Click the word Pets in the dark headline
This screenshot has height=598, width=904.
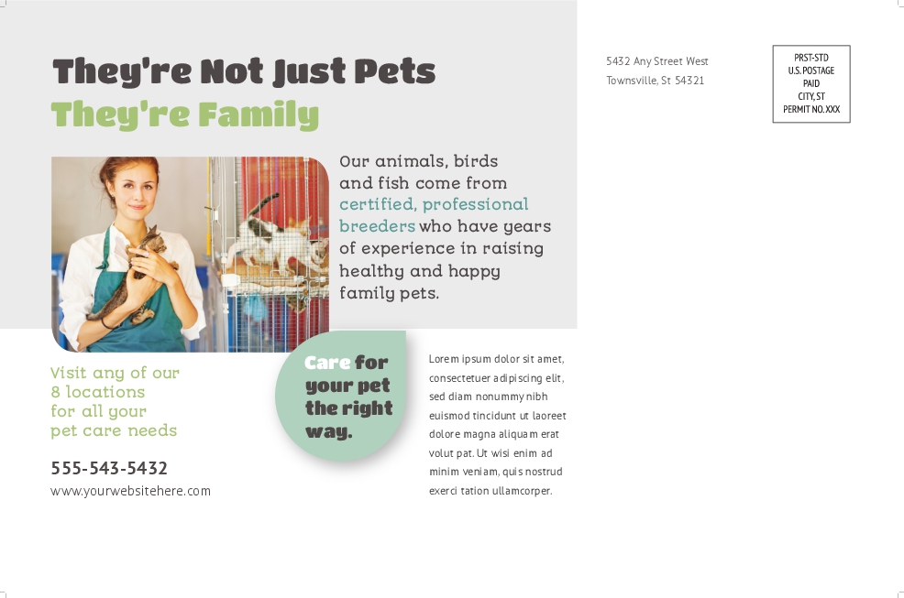(x=394, y=71)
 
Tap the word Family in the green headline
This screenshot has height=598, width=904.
(x=259, y=114)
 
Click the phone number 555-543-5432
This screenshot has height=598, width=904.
(x=109, y=468)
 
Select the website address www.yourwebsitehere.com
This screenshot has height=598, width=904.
(x=130, y=492)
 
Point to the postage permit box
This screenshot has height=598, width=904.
(x=811, y=84)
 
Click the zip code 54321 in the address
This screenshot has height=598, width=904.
(x=689, y=81)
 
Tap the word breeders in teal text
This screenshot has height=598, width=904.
(x=377, y=226)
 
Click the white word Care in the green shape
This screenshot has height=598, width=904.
(x=327, y=363)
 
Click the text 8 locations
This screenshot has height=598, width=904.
(x=97, y=392)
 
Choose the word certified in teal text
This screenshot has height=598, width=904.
(x=377, y=204)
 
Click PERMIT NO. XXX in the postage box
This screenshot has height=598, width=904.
(x=811, y=110)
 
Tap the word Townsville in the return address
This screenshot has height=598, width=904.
(x=632, y=81)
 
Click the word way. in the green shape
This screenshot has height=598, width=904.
(x=328, y=431)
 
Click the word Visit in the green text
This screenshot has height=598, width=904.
(x=69, y=372)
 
